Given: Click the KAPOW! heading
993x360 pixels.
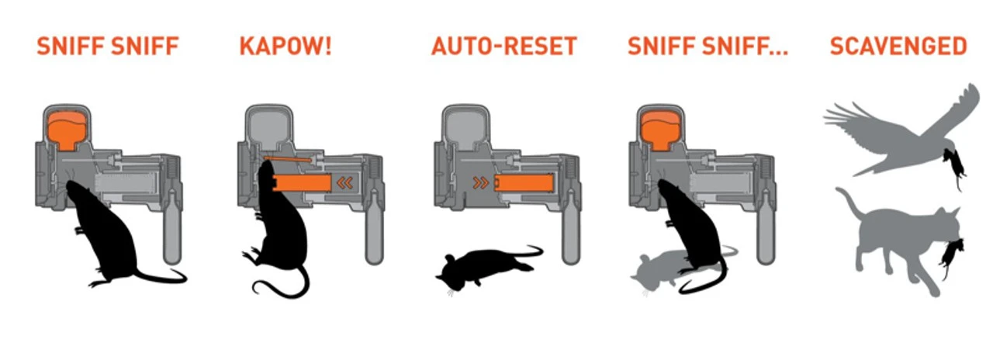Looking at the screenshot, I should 285,46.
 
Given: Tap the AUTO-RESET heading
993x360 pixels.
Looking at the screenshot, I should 503,46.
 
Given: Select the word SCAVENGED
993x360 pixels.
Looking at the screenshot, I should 898,46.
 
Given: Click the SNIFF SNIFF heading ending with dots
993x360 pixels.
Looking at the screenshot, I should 708,46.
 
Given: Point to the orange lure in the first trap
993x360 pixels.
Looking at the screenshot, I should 67,129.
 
